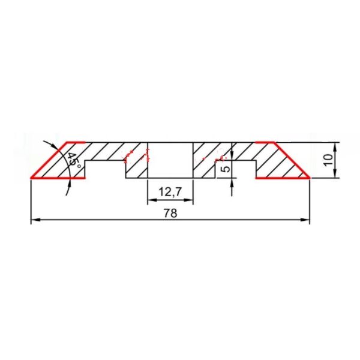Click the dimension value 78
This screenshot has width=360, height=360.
coord(170,213)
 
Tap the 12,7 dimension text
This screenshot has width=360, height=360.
coord(170,192)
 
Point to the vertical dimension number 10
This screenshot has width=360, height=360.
coord(328,160)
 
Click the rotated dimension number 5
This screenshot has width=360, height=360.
coord(226,169)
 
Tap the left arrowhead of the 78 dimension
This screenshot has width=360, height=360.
coord(36,220)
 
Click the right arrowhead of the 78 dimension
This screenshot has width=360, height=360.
coord(305,220)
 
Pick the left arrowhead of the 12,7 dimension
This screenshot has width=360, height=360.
coord(152,200)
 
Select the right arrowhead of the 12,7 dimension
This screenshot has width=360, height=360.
coord(188,200)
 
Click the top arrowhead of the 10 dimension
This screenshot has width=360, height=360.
coord(335,148)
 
